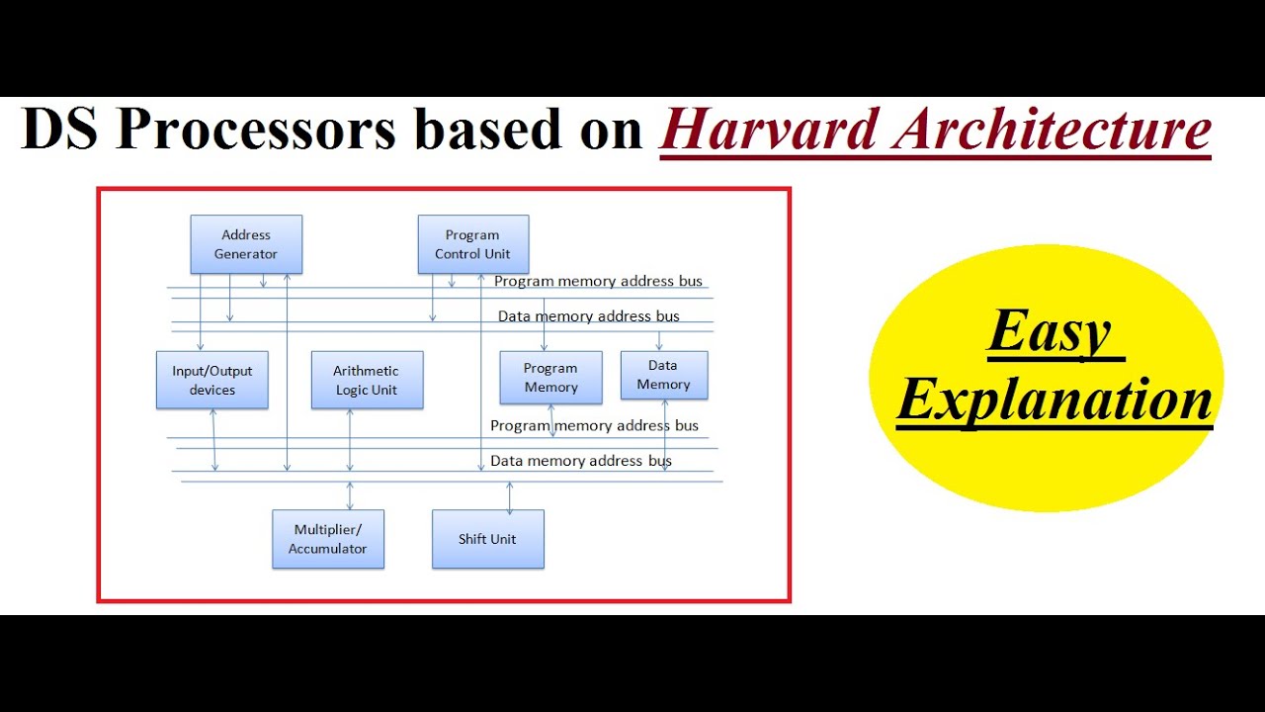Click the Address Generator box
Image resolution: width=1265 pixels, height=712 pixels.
pyautogui.click(x=246, y=244)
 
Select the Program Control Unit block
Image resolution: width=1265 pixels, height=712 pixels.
pyautogui.click(x=472, y=244)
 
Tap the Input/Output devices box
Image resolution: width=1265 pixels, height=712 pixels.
pyautogui.click(x=212, y=380)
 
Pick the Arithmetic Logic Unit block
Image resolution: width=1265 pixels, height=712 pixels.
pyautogui.click(x=367, y=380)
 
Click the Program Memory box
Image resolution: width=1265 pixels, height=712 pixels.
pyautogui.click(x=550, y=378)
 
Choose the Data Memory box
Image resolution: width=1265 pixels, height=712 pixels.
pyautogui.click(x=663, y=375)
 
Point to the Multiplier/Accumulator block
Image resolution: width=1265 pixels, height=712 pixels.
pyautogui.click(x=328, y=539)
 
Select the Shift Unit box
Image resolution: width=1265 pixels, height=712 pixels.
pyautogui.click(x=487, y=539)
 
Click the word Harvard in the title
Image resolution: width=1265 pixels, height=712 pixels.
pyautogui.click(x=769, y=130)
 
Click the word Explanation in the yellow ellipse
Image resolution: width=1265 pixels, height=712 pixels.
pyautogui.click(x=1054, y=400)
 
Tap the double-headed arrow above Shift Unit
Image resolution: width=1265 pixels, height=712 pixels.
pyautogui.click(x=510, y=497)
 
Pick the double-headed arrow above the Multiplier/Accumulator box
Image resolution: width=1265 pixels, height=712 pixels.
pyautogui.click(x=349, y=495)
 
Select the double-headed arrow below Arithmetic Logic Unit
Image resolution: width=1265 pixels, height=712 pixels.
pyautogui.click(x=350, y=440)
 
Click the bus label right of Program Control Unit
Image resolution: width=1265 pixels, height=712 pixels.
pyautogui.click(x=598, y=281)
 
